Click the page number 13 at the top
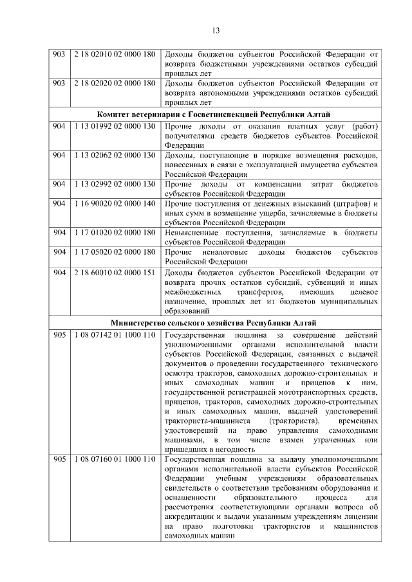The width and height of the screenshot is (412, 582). click(x=216, y=30)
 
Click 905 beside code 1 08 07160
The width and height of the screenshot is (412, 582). click(x=60, y=460)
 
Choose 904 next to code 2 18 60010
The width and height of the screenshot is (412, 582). click(x=60, y=273)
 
